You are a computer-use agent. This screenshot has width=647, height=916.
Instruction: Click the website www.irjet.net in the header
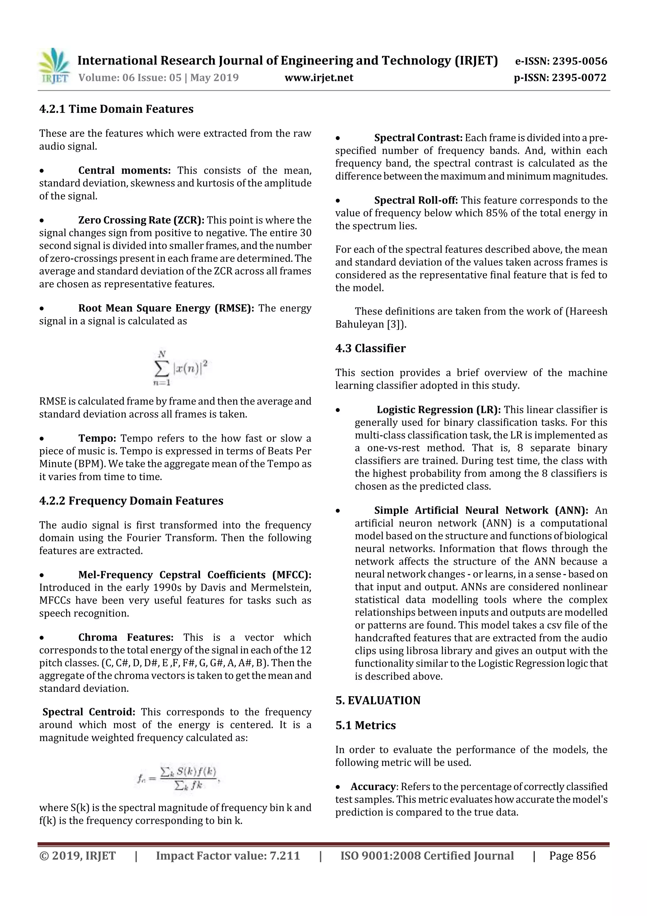pyautogui.click(x=318, y=77)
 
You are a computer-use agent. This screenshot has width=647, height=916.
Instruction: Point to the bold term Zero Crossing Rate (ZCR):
pyautogui.click(x=141, y=220)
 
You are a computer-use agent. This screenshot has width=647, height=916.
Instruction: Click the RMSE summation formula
pyautogui.click(x=180, y=368)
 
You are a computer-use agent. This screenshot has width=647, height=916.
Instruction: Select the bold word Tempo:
pyautogui.click(x=97, y=439)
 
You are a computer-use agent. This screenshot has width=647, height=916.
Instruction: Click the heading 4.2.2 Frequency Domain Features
pyautogui.click(x=131, y=501)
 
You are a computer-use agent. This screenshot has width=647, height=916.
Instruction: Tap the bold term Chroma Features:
pyautogui.click(x=125, y=637)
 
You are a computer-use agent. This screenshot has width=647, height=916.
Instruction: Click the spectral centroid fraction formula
pyautogui.click(x=178, y=778)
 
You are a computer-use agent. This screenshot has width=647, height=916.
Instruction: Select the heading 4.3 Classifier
pyautogui.click(x=370, y=348)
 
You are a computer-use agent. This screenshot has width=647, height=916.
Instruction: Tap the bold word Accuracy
pyautogui.click(x=373, y=787)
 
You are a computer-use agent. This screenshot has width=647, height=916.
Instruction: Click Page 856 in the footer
pyautogui.click(x=572, y=856)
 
